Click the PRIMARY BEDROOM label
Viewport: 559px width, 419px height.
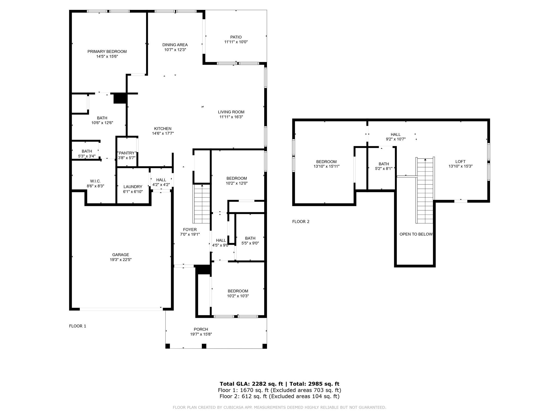pyautogui.click(x=107, y=52)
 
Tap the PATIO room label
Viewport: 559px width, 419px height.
pyautogui.click(x=236, y=37)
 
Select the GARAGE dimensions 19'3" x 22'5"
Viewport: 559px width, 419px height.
pyautogui.click(x=121, y=260)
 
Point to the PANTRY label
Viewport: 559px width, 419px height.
pyautogui.click(x=127, y=153)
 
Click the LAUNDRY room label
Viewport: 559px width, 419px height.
pyautogui.click(x=133, y=187)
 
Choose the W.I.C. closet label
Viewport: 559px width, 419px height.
pyautogui.click(x=96, y=181)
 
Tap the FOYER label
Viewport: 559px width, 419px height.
pyautogui.click(x=190, y=229)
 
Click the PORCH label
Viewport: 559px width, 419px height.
pyautogui.click(x=201, y=329)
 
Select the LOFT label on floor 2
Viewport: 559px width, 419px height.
pyautogui.click(x=460, y=161)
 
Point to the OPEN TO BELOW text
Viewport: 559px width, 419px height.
pyautogui.click(x=416, y=234)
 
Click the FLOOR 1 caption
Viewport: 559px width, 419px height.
pyautogui.click(x=78, y=326)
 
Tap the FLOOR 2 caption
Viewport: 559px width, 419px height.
pyautogui.click(x=301, y=222)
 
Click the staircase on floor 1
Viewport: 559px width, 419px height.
pyautogui.click(x=202, y=203)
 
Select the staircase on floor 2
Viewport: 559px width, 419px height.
pyautogui.click(x=425, y=190)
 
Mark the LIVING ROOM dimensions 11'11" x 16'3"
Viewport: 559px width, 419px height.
pyautogui.click(x=231, y=117)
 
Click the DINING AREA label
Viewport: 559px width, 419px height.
pyautogui.click(x=175, y=45)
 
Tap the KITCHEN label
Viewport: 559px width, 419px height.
pyautogui.click(x=163, y=128)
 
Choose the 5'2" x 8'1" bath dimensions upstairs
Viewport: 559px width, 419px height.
pyautogui.click(x=384, y=169)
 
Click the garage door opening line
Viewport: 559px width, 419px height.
pyautogui.click(x=121, y=309)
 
